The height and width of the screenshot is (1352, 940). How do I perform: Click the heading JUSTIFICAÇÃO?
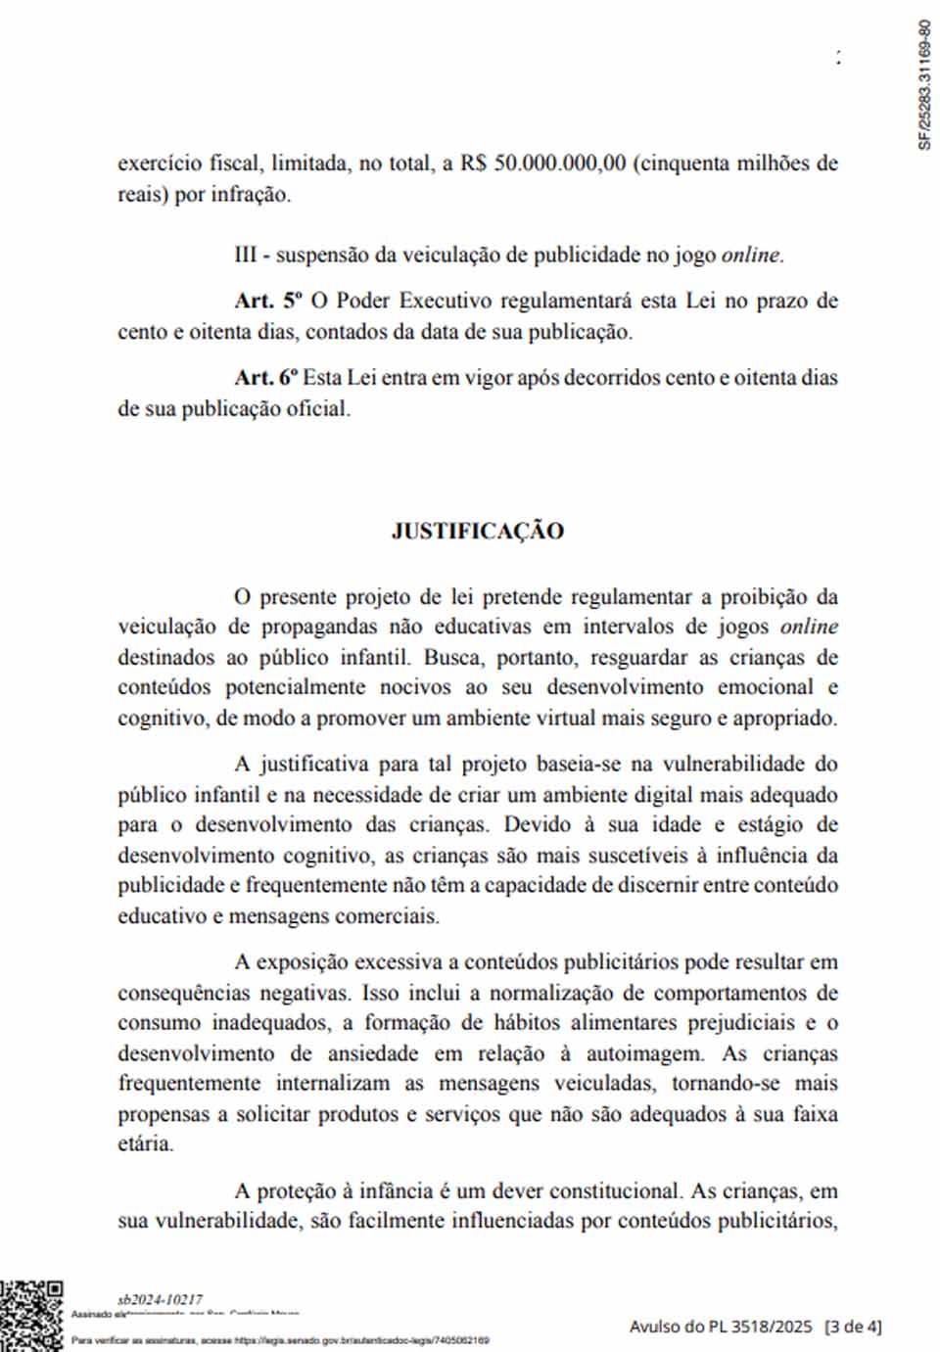[x=477, y=532]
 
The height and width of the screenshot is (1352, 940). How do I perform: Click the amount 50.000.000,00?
[x=559, y=163]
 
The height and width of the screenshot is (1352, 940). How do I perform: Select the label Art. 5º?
[x=268, y=302]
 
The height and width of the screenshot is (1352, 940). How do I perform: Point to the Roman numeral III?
[x=246, y=256]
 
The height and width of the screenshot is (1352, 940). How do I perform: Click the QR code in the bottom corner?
[x=31, y=1315]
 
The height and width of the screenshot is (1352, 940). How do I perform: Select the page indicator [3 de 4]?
[x=853, y=1327]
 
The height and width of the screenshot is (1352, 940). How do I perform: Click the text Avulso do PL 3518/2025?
[x=721, y=1327]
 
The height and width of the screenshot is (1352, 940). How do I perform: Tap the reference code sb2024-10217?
[x=160, y=1299]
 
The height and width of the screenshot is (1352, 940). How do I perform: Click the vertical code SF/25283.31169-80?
[x=924, y=85]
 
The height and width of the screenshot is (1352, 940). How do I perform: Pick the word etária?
[x=145, y=1143]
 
